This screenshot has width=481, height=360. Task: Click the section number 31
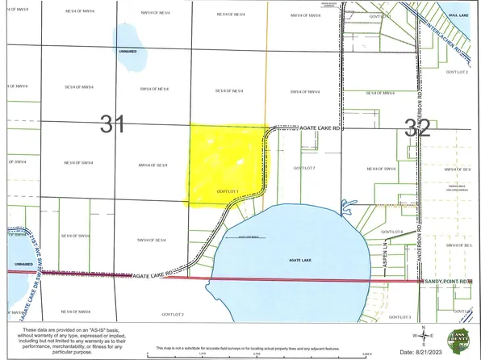click(x=111, y=123)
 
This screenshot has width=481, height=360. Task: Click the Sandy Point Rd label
click(x=449, y=281)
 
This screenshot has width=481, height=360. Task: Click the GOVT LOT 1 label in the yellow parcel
click(x=229, y=191)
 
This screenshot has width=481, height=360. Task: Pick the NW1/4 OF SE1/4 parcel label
click(x=152, y=165)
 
